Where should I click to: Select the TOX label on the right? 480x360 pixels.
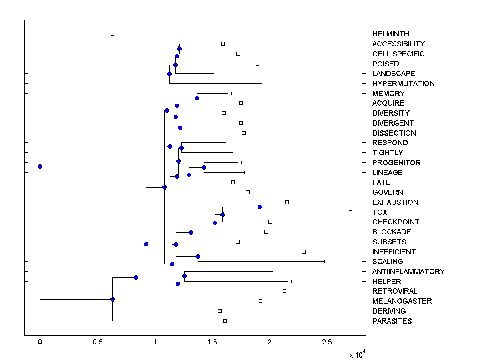380,212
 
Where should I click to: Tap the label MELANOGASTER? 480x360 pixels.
402,301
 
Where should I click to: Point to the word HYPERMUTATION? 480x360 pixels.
403,84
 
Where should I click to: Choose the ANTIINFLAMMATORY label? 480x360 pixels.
408,272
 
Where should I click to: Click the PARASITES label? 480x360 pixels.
392,321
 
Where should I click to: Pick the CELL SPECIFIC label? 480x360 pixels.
398,54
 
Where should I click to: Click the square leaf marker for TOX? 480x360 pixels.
350,212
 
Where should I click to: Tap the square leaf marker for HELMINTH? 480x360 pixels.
112,34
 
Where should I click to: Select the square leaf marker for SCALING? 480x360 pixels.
326,261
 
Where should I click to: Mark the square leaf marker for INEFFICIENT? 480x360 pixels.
304,252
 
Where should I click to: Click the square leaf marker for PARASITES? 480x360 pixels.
225,321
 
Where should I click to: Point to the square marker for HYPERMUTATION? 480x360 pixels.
263,83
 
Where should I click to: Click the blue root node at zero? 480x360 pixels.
40,166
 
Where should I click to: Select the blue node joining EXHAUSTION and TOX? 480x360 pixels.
260,207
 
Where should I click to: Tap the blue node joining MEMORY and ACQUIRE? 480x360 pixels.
197,98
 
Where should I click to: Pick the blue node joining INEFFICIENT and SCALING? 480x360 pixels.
198,256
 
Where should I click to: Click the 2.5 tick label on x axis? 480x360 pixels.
327,342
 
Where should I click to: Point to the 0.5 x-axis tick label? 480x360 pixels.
97,342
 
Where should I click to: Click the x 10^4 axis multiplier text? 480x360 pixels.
357,355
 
